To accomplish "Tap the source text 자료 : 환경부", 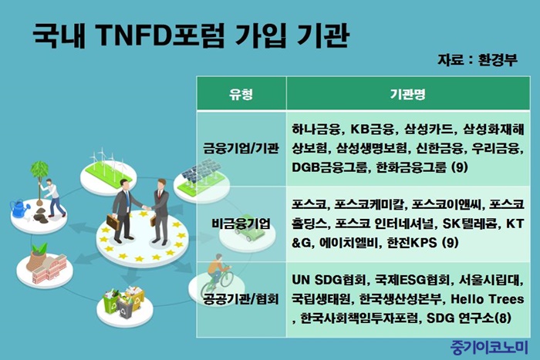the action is pyautogui.click(x=478, y=59).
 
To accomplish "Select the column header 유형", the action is pyautogui.click(x=241, y=93).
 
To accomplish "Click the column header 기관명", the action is pyautogui.click(x=408, y=93).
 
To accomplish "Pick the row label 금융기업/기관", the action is pyautogui.click(x=241, y=148).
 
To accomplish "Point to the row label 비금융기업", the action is pyautogui.click(x=241, y=224).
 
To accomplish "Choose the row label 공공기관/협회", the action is pyautogui.click(x=241, y=299).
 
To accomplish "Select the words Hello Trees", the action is pyautogui.click(x=487, y=299).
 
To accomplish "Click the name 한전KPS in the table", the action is pyautogui.click(x=411, y=243).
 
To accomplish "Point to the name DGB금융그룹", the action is pyautogui.click(x=330, y=167).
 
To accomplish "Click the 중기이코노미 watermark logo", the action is pyautogui.click(x=489, y=347).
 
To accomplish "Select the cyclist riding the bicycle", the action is pyautogui.click(x=216, y=274).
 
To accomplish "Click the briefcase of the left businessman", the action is pyautogui.click(x=113, y=222).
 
